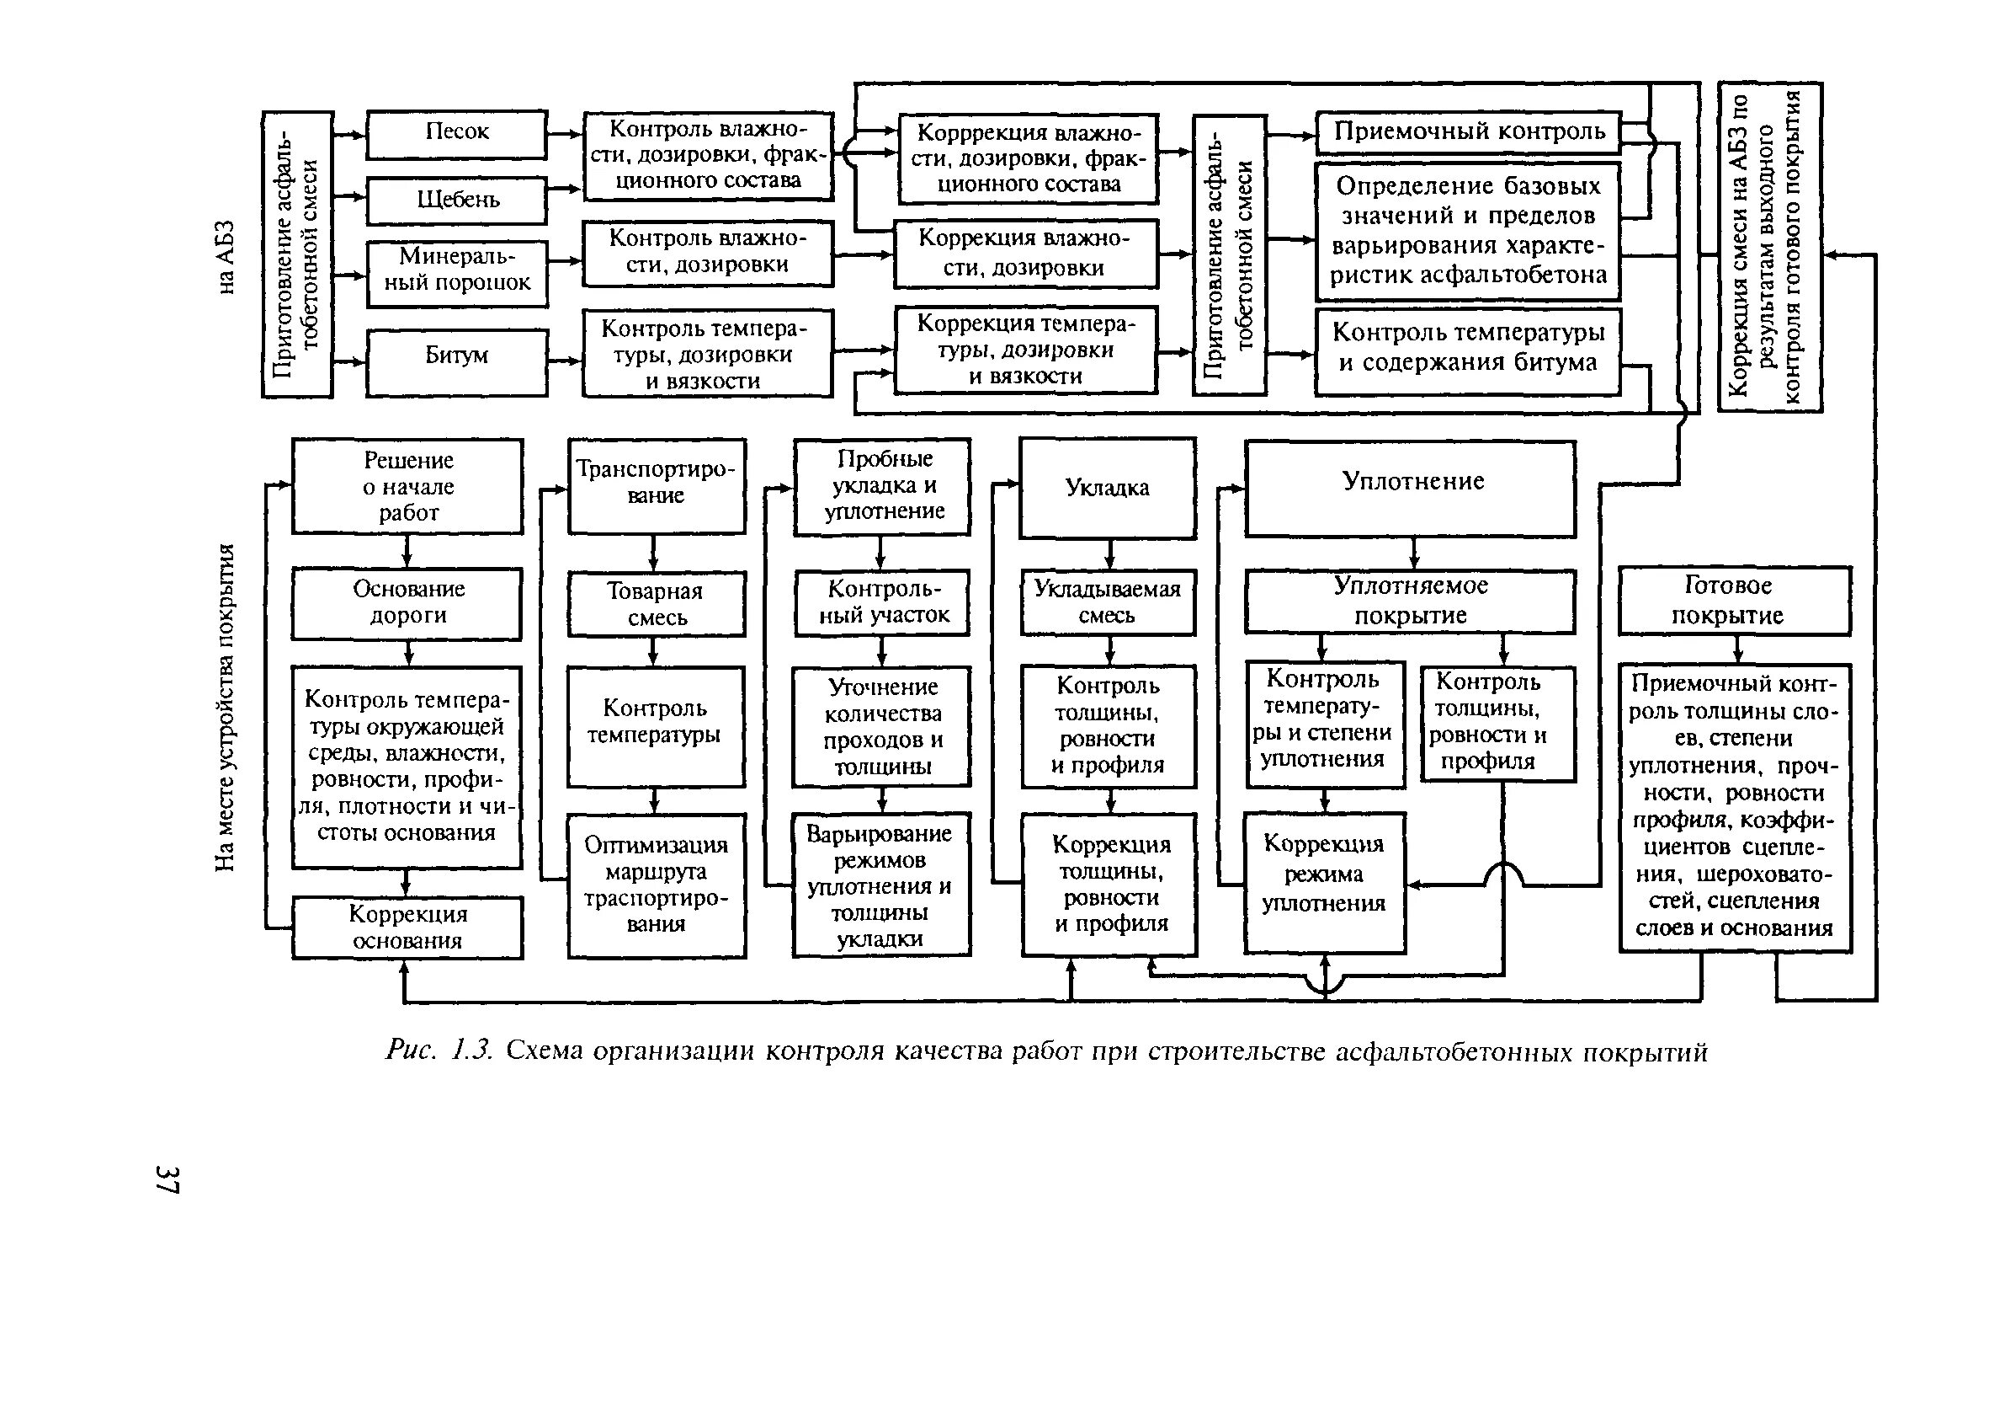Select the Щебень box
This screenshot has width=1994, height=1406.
[x=456, y=200]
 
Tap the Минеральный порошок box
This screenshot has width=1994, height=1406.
[x=457, y=273]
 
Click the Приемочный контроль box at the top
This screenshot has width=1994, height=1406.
[x=1468, y=132]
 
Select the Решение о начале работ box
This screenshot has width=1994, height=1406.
[x=407, y=486]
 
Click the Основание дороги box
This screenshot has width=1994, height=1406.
[x=407, y=603]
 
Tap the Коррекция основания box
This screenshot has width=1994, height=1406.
[x=407, y=928]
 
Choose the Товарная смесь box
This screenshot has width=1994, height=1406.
[x=657, y=604]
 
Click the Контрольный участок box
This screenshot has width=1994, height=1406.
[x=882, y=602]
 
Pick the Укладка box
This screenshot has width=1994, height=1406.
[x=1108, y=488]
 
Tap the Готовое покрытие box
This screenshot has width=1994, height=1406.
[x=1734, y=601]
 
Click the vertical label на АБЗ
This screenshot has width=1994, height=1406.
[x=225, y=258]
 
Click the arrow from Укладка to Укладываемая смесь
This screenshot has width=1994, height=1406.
[x=1109, y=553]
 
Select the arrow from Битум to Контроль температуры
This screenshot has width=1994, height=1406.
[x=566, y=361]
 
